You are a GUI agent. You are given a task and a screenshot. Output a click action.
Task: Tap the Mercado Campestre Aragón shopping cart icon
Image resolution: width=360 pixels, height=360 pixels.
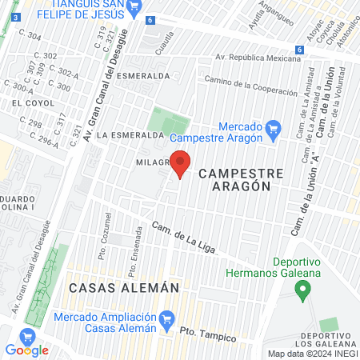coord(273,127)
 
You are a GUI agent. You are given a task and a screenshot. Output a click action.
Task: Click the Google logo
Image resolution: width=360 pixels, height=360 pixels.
coord(27,350)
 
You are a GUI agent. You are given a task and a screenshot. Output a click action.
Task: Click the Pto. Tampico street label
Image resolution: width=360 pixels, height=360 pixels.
coord(207,334)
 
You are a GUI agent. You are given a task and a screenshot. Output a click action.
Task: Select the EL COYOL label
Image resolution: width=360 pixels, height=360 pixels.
coord(26,103)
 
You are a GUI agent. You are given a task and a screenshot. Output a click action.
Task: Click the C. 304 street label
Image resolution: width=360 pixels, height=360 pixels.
coord(34,37)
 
